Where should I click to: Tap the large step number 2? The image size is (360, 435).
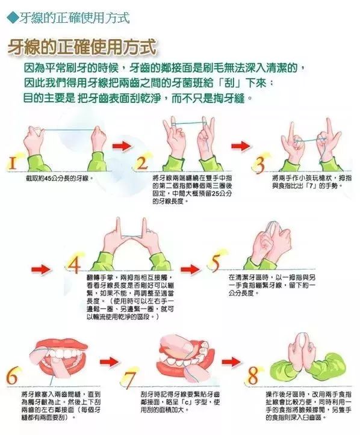pyautogui.click(x=143, y=162)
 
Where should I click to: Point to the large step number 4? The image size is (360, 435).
pyautogui.click(x=74, y=265)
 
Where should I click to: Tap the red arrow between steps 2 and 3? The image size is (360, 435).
pyautogui.click(x=240, y=146)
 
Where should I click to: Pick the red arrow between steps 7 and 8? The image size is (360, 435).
pyautogui.click(x=231, y=362)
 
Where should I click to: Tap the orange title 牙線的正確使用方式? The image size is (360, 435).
pyautogui.click(x=81, y=47)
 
